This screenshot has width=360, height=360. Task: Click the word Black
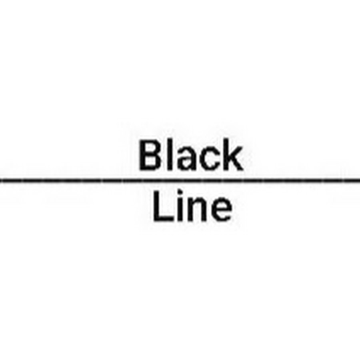click(190, 155)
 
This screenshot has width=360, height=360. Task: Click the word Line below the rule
click(192, 206)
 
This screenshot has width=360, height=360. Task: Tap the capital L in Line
click(163, 206)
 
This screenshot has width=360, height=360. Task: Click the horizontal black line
click(180, 181)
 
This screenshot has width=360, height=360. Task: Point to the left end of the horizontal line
click(0, 181)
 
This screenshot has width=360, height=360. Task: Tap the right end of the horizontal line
click(360, 181)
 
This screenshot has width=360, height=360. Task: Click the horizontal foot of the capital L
click(163, 219)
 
